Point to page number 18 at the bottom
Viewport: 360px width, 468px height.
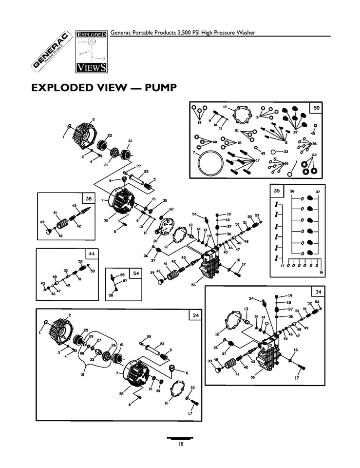click(x=180, y=443)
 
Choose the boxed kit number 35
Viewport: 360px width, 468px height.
click(x=277, y=191)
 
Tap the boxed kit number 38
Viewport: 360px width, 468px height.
click(x=88, y=198)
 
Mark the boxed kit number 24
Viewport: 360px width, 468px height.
click(x=195, y=315)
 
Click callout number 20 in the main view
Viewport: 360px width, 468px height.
click(x=155, y=241)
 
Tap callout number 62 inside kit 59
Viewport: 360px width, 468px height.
click(x=314, y=154)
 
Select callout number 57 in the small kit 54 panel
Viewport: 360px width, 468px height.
click(x=125, y=281)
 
